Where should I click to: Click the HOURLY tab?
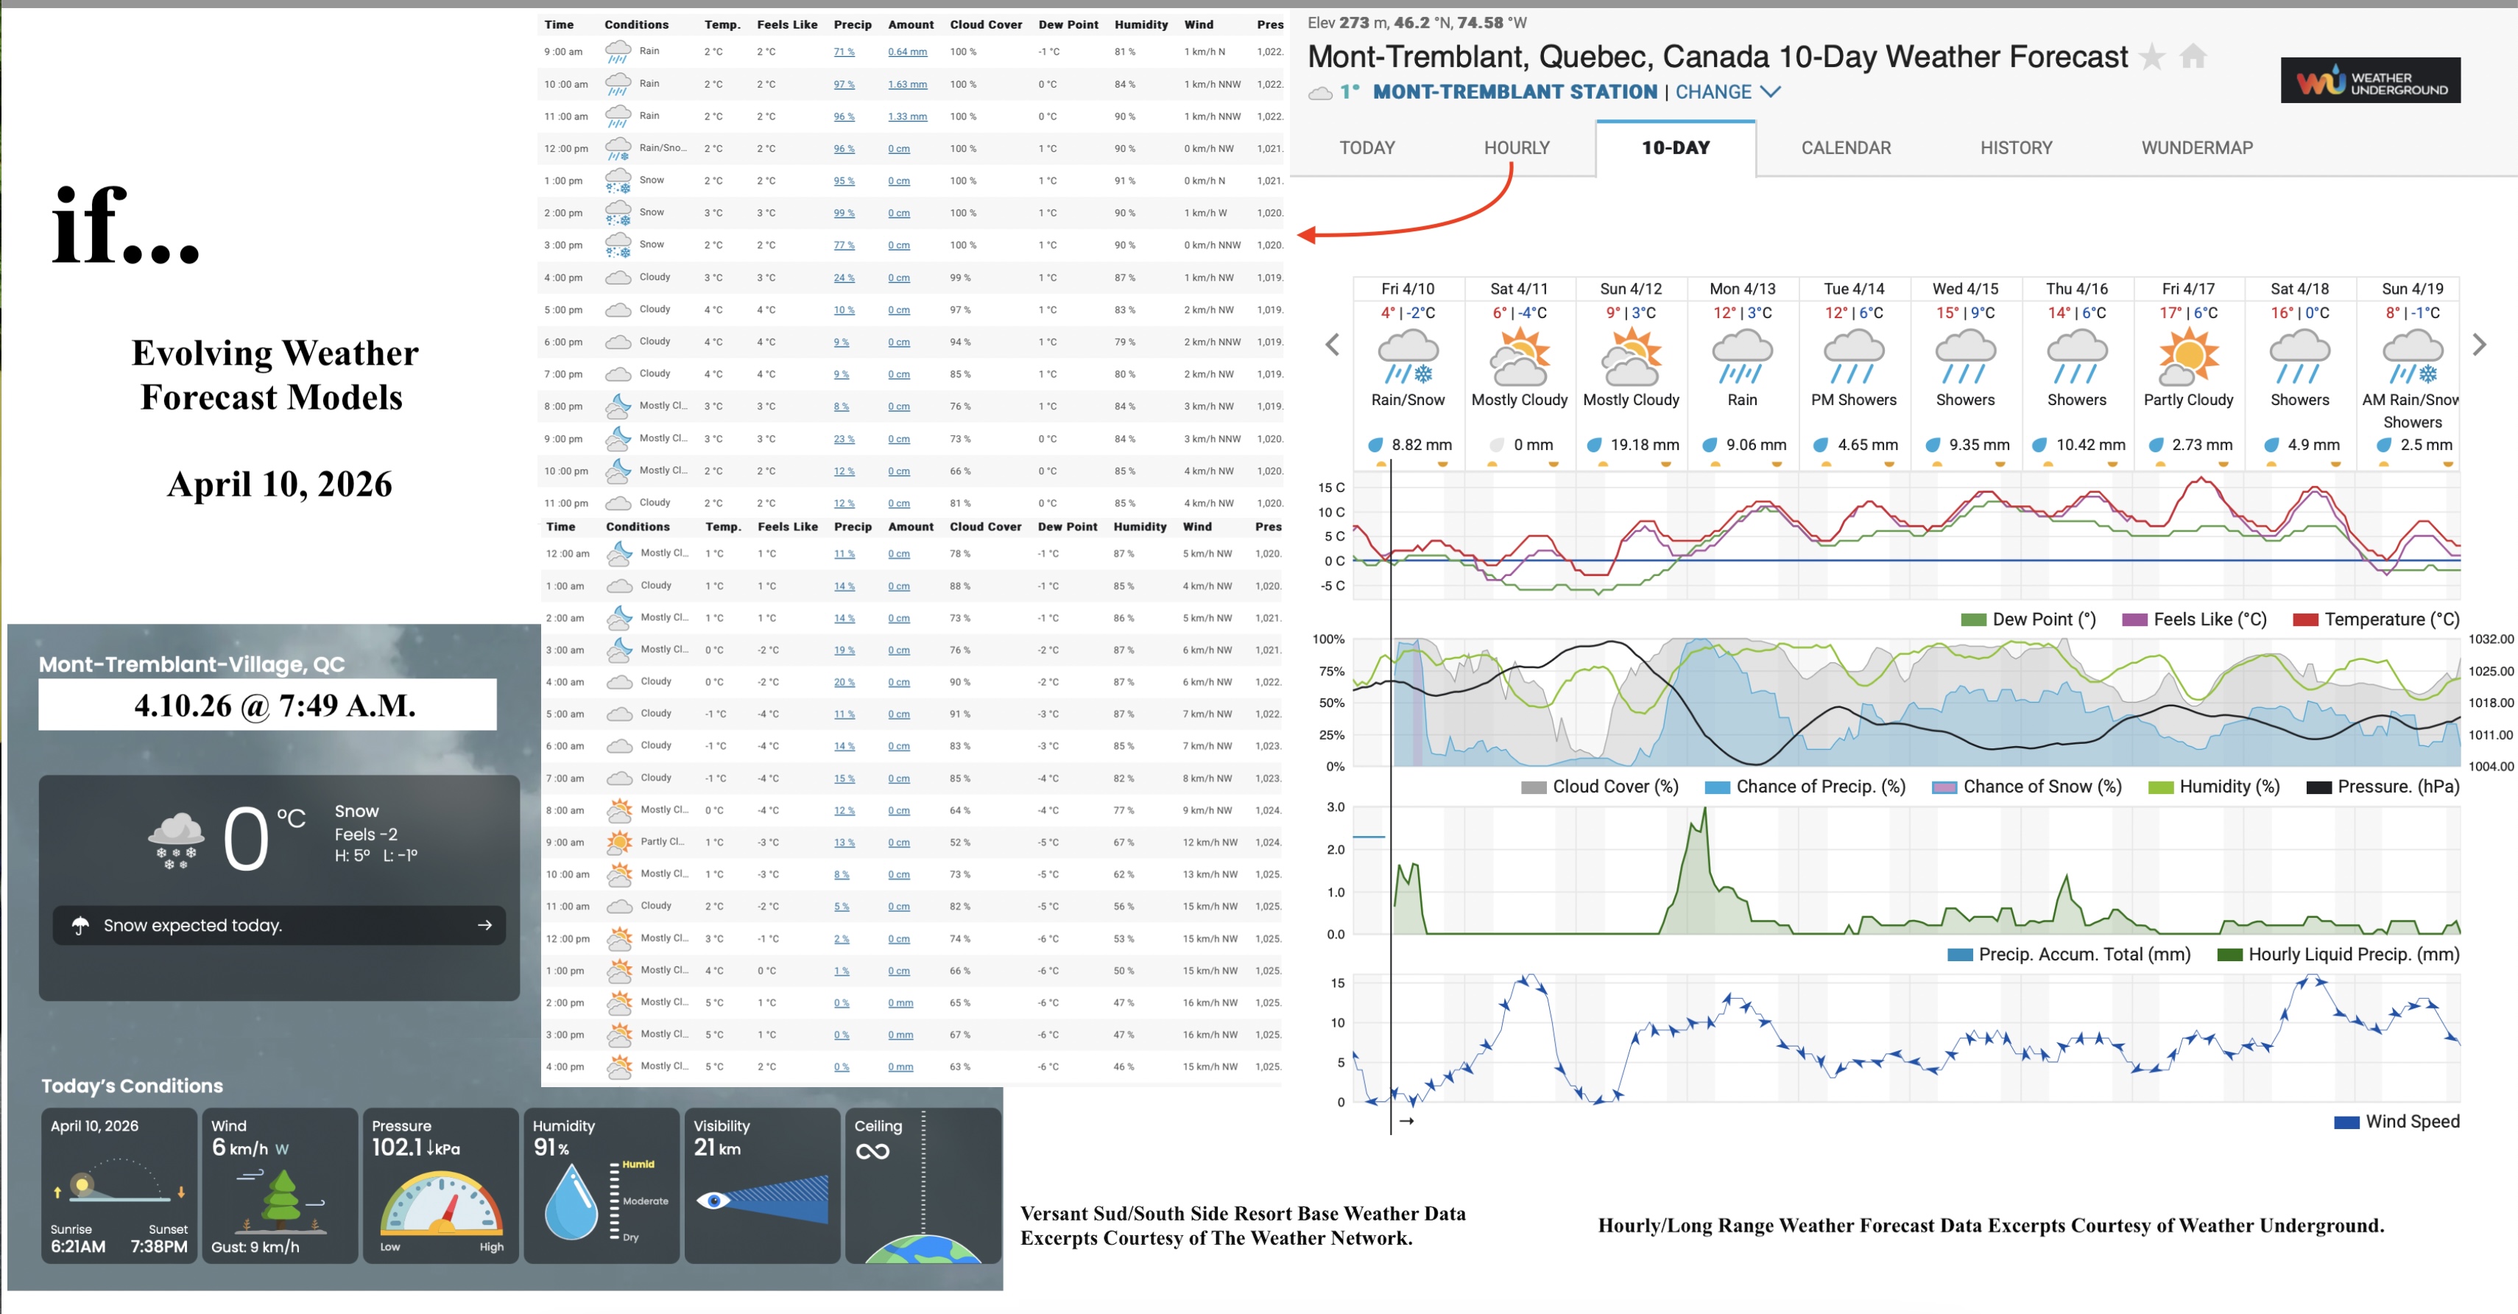pyautogui.click(x=1516, y=147)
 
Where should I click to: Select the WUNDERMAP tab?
pyautogui.click(x=2196, y=147)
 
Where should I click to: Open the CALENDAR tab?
pyautogui.click(x=1846, y=147)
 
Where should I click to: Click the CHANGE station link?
pyautogui.click(x=1727, y=92)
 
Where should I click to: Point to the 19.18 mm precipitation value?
pyautogui.click(x=1644, y=445)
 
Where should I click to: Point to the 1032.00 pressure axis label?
pyautogui.click(x=2489, y=639)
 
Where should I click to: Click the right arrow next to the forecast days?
pyautogui.click(x=2479, y=344)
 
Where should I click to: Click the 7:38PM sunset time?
pyautogui.click(x=158, y=1246)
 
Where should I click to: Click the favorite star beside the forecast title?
pyautogui.click(x=2152, y=57)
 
